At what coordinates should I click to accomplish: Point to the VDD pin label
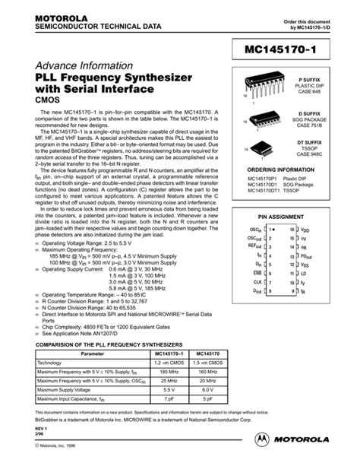[305, 229]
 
